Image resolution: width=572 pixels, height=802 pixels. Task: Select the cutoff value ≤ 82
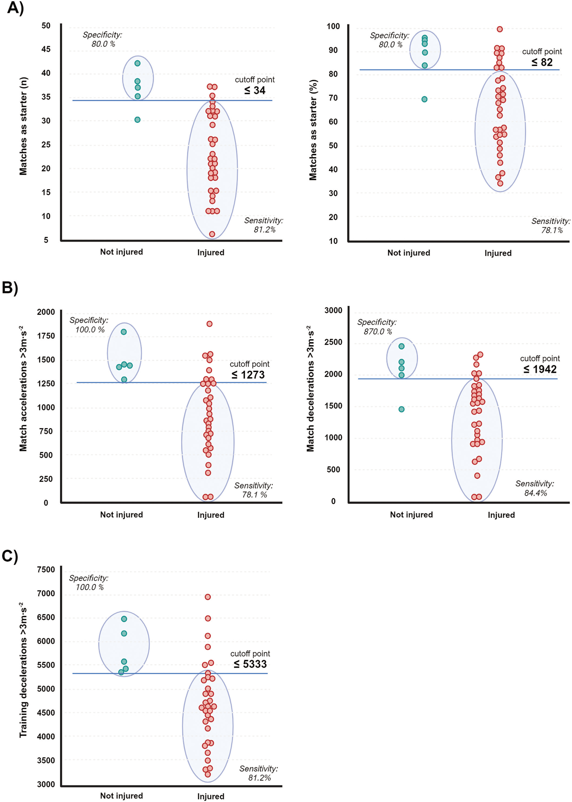pyautogui.click(x=542, y=62)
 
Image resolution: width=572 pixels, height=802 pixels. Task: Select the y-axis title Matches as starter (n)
pyautogui.click(x=23, y=126)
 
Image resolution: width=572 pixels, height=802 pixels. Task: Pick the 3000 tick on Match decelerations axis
pyautogui.click(x=333, y=310)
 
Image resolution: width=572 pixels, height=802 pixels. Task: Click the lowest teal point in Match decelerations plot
pyautogui.click(x=402, y=409)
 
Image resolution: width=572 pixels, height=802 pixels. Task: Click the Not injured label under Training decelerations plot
pyautogui.click(x=122, y=796)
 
